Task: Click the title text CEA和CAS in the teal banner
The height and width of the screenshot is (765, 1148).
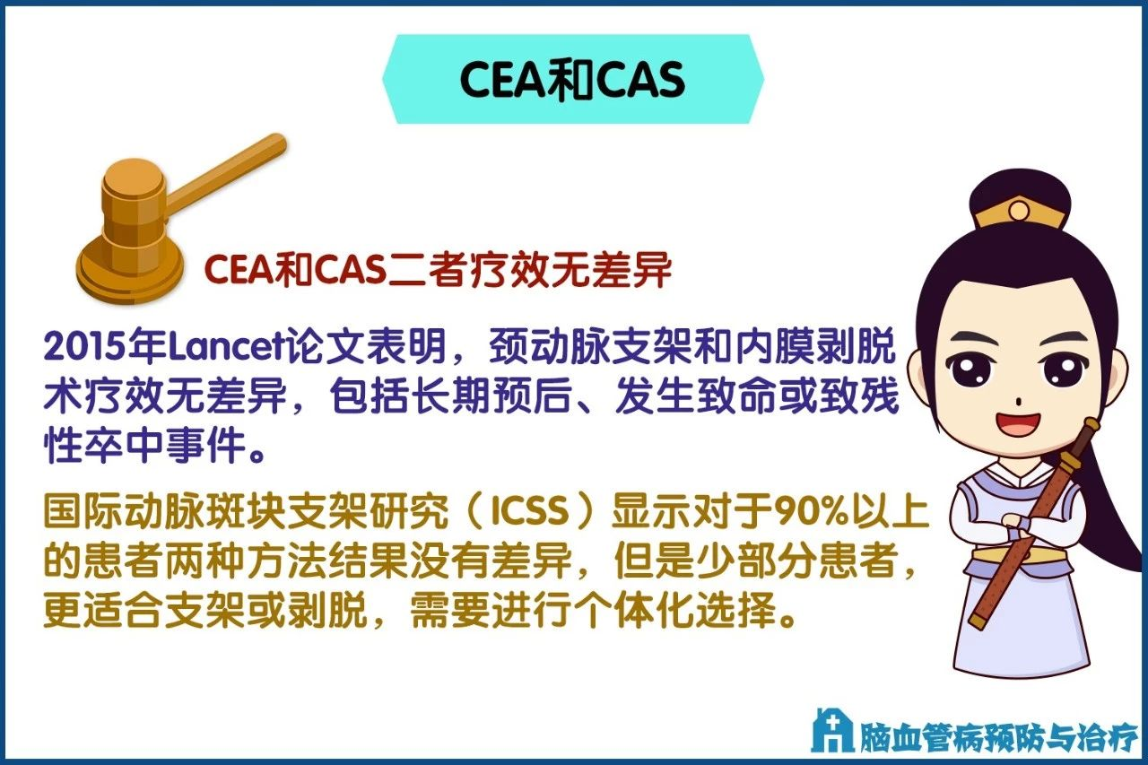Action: click(572, 80)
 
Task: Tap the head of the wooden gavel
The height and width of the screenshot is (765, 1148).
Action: click(135, 205)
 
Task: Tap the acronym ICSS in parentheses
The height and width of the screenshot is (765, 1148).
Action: click(530, 510)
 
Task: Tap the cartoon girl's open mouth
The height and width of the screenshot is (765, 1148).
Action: click(1018, 423)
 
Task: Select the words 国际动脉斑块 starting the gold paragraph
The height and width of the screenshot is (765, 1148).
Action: click(165, 510)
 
